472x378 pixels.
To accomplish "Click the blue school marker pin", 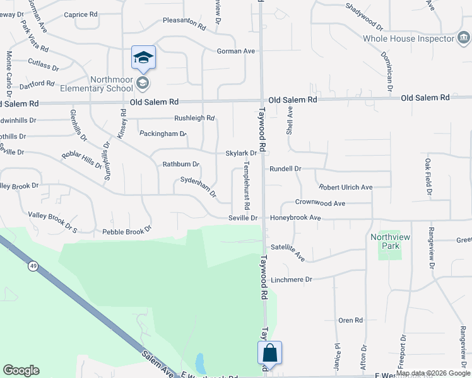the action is tap(143, 59).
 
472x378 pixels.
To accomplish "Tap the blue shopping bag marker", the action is tap(269, 353).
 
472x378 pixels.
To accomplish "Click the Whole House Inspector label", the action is tap(408, 38).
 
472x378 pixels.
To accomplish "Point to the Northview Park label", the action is tap(385, 241).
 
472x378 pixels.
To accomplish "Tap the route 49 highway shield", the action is tap(33, 266).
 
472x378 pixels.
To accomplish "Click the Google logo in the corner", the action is tap(21, 370).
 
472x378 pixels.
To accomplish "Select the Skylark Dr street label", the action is tap(241, 153).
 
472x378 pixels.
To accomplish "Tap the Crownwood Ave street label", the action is tap(320, 203).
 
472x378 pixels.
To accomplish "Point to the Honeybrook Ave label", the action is tap(296, 218).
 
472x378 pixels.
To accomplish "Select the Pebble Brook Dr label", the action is tap(127, 232).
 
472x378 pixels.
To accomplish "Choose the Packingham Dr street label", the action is tap(163, 134).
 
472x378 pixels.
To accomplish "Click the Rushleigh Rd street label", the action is tap(194, 118).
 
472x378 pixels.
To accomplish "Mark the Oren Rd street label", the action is tap(350, 320).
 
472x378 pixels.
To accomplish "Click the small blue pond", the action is tap(200, 364).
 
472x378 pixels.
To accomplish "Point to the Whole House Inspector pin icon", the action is tap(464, 38).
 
